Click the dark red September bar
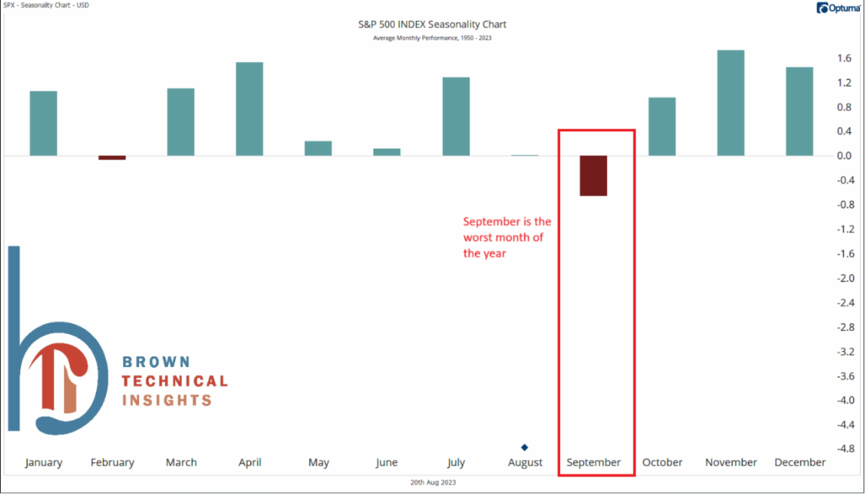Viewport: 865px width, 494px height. coord(593,175)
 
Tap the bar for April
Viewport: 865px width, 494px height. coord(249,109)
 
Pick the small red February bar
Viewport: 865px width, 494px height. coord(112,157)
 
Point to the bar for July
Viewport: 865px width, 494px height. coord(456,116)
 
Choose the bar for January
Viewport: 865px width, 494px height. coord(43,123)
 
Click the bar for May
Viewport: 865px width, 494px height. coord(318,148)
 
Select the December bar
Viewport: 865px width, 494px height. coord(799,111)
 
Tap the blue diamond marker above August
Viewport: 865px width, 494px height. coord(525,447)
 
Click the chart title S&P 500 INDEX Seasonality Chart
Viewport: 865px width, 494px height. coord(432,25)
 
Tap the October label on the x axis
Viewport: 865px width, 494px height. coord(662,463)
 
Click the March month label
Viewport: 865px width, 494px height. coord(181,463)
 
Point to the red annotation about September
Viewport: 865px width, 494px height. coord(507,237)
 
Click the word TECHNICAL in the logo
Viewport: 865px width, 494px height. coord(174,381)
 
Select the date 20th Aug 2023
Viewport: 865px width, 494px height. coord(432,482)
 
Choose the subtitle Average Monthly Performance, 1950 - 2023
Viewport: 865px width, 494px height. coord(432,38)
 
